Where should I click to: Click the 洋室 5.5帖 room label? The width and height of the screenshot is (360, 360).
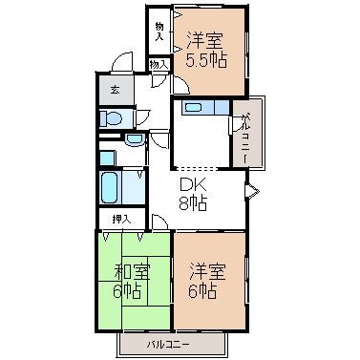pos(206,50)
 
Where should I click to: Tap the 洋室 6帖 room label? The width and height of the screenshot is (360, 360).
pos(207,281)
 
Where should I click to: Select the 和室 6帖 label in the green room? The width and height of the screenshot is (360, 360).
pos(132,281)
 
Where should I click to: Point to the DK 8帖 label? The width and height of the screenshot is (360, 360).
pos(193,194)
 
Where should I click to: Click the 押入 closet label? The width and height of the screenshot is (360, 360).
pos(121,219)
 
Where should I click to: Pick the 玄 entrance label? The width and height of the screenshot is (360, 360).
pos(116,90)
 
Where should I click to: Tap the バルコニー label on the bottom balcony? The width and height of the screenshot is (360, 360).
pos(168,345)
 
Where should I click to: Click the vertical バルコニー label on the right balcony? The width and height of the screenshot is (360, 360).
pos(245,139)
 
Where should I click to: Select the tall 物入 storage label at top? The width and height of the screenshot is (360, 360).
pos(159,32)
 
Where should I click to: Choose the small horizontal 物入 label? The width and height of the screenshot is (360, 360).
pos(159,65)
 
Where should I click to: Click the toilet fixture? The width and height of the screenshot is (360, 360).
pos(111,119)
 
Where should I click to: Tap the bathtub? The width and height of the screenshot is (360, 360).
pos(108,188)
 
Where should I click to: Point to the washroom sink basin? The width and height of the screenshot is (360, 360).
pos(135,139)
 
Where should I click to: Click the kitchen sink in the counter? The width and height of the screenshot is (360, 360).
pos(194,108)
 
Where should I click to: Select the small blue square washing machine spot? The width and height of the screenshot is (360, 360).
pos(107,159)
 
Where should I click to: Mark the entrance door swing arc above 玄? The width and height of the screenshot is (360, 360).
pos(121,61)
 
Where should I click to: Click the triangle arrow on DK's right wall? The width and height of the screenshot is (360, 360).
pos(252,192)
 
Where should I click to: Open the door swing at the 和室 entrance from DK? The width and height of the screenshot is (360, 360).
pos(159,222)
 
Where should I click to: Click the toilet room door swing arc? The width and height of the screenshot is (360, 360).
pos(143,117)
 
